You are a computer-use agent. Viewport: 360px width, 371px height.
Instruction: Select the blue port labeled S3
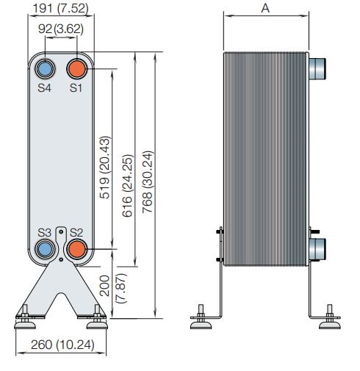(46, 249)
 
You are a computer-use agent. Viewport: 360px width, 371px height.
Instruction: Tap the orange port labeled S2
(76, 249)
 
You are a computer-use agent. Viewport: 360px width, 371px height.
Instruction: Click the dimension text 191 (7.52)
(62, 9)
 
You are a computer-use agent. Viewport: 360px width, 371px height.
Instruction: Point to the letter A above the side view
(264, 9)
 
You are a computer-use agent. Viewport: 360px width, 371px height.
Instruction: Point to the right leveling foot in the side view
(331, 315)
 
